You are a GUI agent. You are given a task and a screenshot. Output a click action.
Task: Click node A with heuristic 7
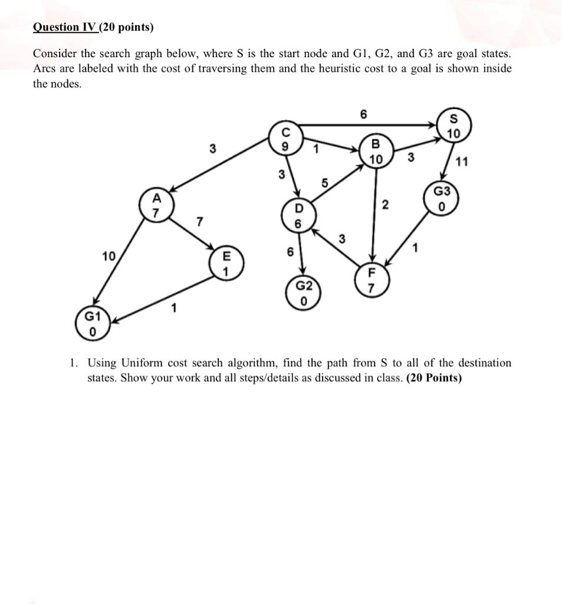(x=156, y=206)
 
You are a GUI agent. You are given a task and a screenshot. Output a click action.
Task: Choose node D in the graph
(x=298, y=216)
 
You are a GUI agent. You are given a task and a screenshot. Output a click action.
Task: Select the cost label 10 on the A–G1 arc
(x=108, y=256)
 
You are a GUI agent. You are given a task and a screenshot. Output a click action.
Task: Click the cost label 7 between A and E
(x=200, y=222)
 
